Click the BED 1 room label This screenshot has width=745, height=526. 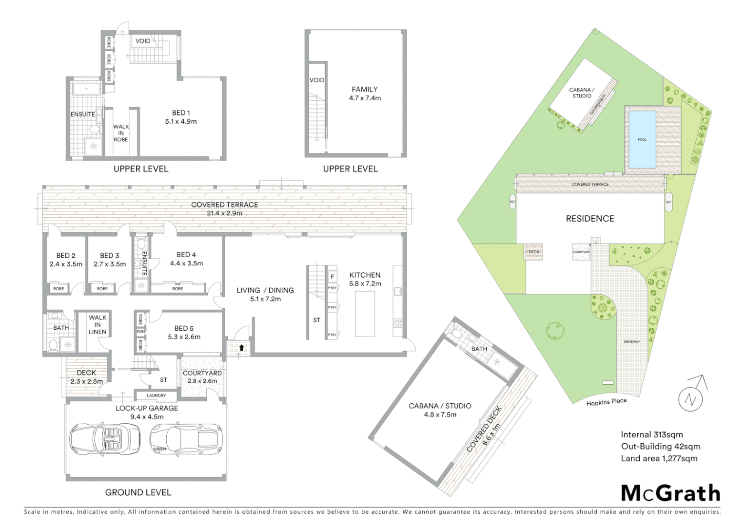pos(181,117)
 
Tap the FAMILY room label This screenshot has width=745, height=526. pos(365,94)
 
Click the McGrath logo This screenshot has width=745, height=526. pos(670,493)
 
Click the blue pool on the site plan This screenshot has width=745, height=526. pos(642,139)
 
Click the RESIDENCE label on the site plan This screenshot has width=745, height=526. pos(590,219)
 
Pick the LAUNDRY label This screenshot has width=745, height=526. pos(156,395)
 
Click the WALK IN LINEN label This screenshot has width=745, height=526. pos(98,325)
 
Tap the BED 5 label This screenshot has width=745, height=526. pos(184,333)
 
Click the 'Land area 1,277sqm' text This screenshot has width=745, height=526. pos(659,458)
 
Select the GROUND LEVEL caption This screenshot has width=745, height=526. pos(138,492)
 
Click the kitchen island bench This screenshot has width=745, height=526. pos(365,313)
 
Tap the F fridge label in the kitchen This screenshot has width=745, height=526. pos(333,277)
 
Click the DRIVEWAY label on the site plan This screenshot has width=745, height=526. pos(632,342)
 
